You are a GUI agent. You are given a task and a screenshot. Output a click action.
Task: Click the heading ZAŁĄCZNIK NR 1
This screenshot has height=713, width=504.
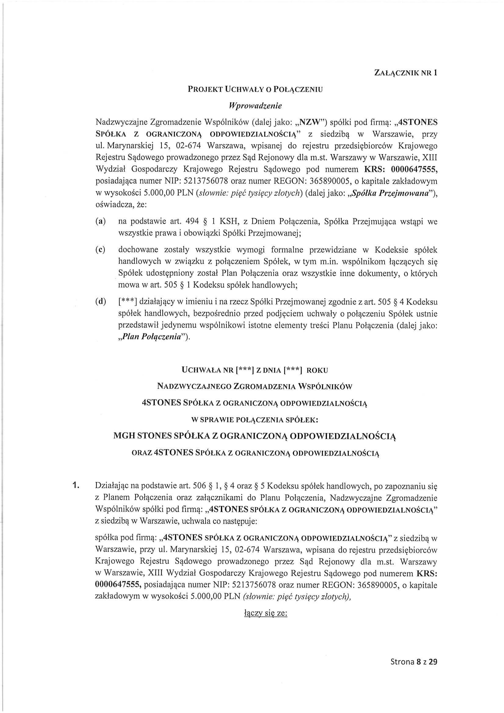click(406, 73)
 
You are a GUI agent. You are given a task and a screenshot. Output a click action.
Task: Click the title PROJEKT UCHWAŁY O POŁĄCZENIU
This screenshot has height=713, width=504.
click(255, 90)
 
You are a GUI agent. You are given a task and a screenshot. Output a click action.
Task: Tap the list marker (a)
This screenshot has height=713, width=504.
click(100, 222)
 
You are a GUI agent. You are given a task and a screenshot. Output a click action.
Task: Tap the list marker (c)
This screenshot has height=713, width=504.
click(100, 250)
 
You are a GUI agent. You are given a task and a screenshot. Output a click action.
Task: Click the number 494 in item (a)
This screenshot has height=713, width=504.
click(191, 222)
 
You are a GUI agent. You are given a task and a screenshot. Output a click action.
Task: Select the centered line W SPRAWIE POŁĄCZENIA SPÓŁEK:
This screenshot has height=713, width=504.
click(255, 420)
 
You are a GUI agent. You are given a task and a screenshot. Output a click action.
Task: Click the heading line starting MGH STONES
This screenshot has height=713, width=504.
click(255, 436)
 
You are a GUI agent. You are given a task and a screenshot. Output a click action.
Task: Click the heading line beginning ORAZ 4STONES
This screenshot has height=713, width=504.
click(255, 453)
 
